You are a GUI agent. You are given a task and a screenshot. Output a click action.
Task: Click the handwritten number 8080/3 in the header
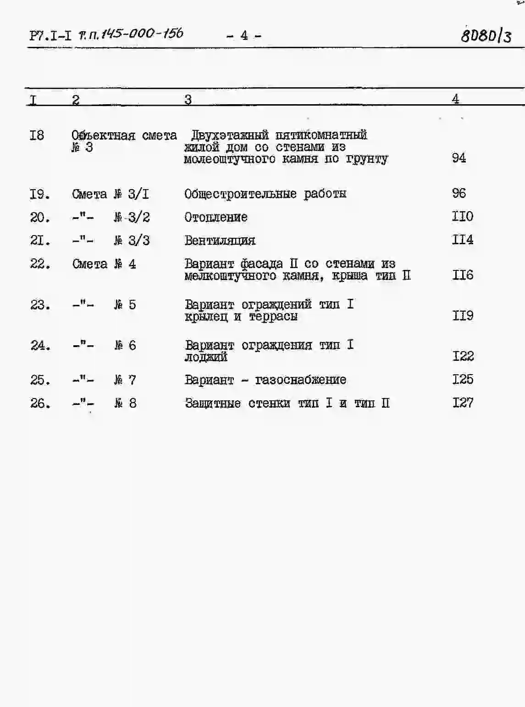[x=486, y=35]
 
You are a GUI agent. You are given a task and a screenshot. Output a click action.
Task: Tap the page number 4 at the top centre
[x=244, y=35]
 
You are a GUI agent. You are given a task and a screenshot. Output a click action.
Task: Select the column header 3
[x=188, y=99]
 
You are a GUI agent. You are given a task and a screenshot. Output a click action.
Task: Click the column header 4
[x=455, y=99]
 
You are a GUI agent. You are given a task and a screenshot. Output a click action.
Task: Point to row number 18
[x=37, y=135]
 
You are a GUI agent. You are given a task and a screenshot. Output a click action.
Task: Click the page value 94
[x=459, y=158]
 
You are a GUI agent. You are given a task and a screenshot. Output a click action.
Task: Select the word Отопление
[x=216, y=217]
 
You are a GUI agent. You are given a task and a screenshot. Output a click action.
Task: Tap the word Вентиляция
[x=220, y=241]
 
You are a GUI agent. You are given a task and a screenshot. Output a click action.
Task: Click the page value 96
[x=459, y=193]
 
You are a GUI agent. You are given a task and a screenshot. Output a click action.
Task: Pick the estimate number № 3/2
[x=132, y=217]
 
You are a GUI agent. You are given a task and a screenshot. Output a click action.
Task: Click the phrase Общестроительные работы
[x=265, y=194]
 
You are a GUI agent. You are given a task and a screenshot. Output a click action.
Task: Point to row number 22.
[x=40, y=264]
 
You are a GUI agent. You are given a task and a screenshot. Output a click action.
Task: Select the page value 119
[x=463, y=316]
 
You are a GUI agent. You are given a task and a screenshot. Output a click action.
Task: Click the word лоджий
[x=206, y=357]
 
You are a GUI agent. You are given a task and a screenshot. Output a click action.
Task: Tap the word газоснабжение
[x=301, y=380]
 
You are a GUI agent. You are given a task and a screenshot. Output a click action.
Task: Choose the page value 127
[x=463, y=403]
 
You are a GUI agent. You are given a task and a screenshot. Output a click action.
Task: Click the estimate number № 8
[x=126, y=403]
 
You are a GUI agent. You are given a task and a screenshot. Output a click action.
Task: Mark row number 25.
[x=40, y=380]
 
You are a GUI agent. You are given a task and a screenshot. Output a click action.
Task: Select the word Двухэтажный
[x=230, y=135]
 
